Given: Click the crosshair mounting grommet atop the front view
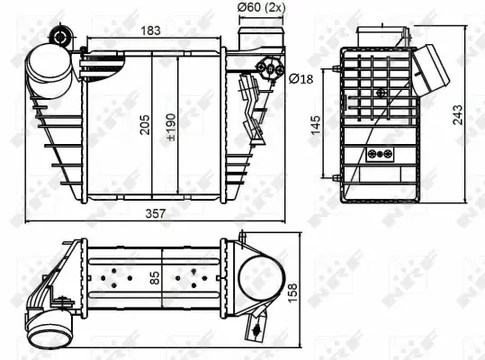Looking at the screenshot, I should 60,37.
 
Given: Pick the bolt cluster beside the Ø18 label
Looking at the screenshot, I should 269,67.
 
